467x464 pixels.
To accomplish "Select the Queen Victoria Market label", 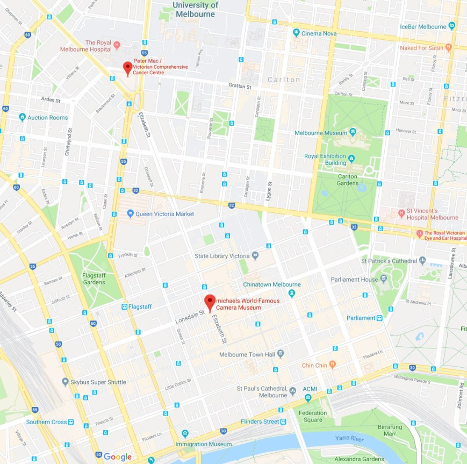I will [165, 214].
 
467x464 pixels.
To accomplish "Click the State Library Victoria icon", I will [255, 255].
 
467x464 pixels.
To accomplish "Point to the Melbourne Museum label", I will [320, 132].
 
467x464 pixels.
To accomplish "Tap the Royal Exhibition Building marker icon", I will [351, 159].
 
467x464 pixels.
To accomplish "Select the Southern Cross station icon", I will [71, 422].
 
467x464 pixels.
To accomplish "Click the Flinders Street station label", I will [260, 422].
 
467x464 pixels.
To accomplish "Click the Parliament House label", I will [354, 279].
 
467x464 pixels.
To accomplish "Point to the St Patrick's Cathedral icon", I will [423, 261].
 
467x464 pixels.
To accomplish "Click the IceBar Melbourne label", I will [423, 26].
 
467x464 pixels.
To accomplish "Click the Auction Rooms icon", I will [22, 117].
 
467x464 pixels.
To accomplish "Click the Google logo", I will [118, 456].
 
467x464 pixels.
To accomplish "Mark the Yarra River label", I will [350, 438].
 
